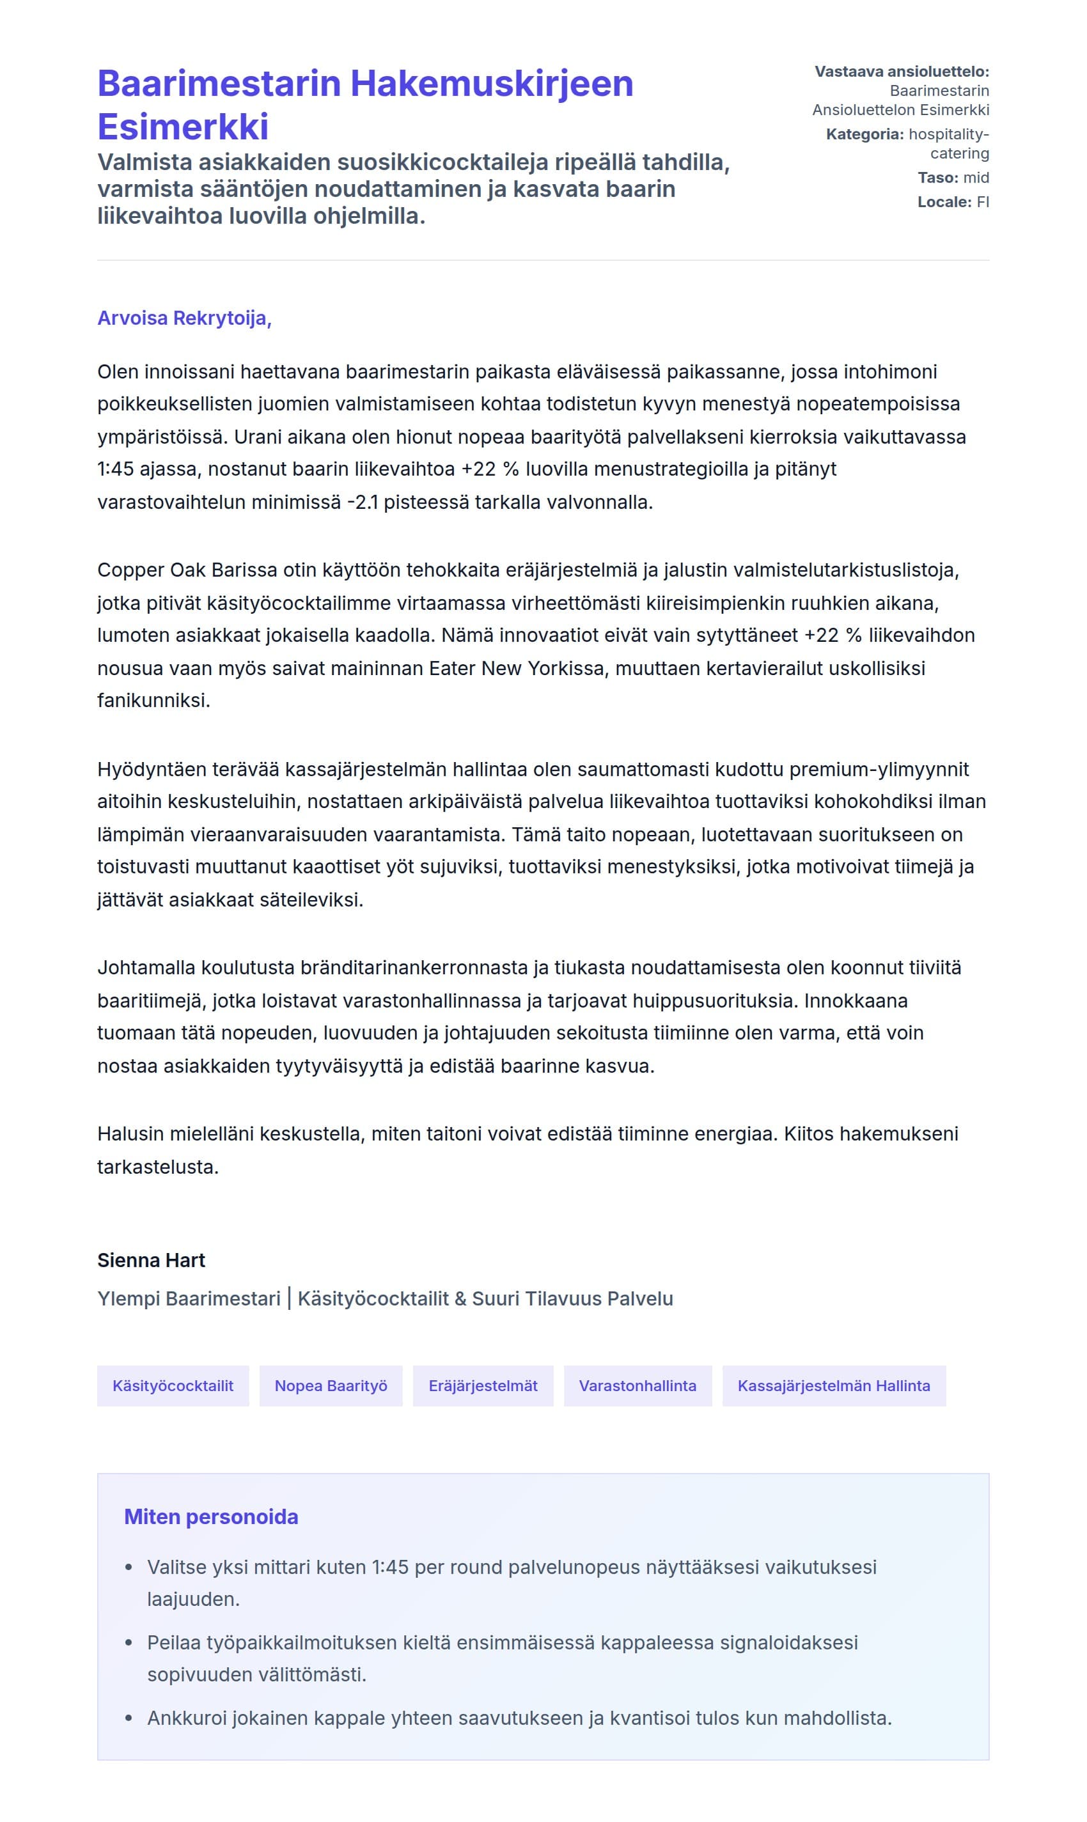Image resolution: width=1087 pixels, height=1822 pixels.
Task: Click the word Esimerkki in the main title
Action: point(183,127)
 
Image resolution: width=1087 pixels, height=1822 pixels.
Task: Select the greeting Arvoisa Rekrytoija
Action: point(184,318)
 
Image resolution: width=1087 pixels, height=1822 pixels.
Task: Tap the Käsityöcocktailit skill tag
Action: point(173,1385)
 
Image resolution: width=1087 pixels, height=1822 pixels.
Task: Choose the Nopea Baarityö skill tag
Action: point(331,1385)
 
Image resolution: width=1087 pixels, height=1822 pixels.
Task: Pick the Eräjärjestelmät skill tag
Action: point(483,1385)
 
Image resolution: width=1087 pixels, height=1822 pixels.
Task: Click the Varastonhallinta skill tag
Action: point(637,1385)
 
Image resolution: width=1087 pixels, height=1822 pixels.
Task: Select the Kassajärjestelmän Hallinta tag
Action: point(834,1385)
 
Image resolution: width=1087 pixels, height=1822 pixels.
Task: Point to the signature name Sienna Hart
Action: point(151,1260)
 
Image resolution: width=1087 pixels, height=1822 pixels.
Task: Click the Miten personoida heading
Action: point(211,1516)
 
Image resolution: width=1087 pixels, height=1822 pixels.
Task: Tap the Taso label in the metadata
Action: point(937,178)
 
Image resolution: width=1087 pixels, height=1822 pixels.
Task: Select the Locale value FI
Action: point(982,202)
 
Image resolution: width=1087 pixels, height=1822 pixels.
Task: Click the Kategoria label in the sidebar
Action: point(864,135)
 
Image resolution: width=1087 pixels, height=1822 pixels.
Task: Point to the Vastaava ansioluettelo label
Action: point(902,72)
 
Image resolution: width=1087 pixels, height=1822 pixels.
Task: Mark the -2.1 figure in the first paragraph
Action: point(363,502)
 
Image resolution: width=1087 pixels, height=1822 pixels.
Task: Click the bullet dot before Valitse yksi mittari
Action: point(129,1568)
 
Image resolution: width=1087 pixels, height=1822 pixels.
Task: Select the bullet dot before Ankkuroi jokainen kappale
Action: point(129,1718)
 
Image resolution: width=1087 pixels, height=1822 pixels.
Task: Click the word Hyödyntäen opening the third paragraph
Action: point(152,769)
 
